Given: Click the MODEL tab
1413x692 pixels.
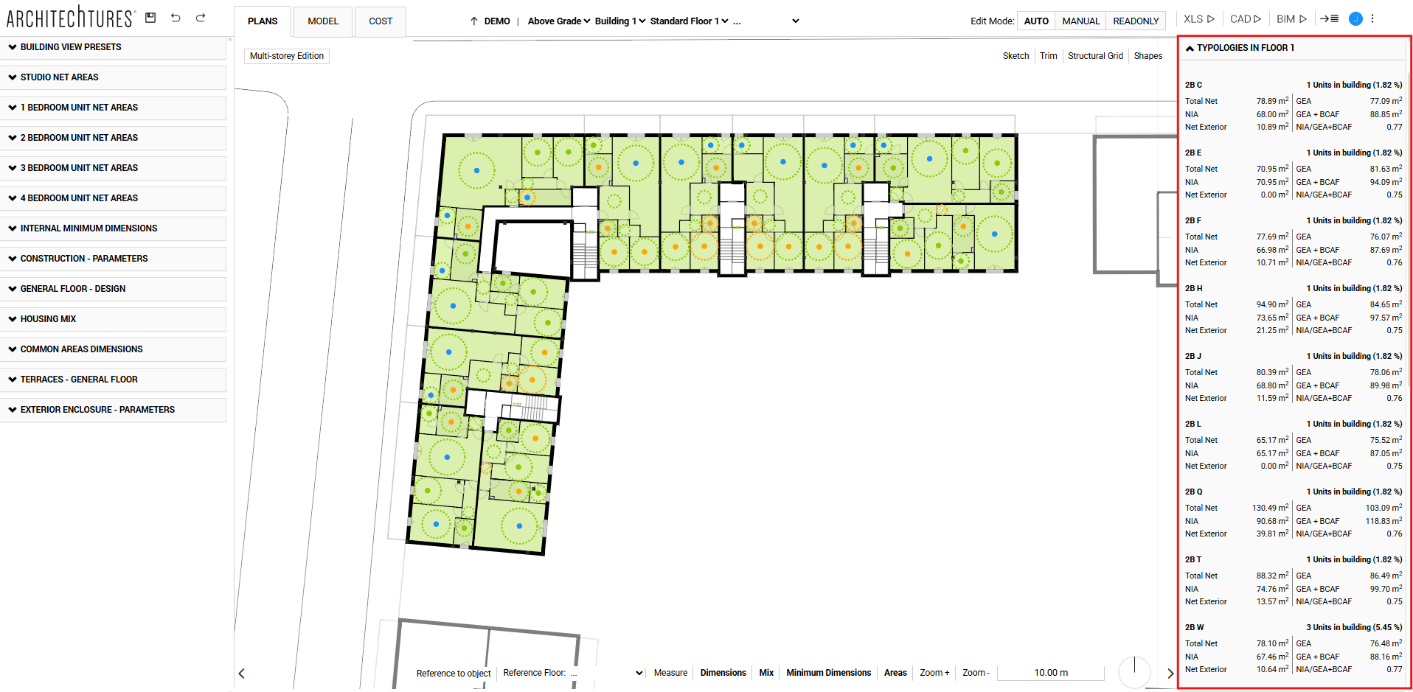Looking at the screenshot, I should [x=323, y=21].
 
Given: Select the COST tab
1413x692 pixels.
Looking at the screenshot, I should [x=381, y=21].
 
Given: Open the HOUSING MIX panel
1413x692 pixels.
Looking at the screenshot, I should [x=48, y=319].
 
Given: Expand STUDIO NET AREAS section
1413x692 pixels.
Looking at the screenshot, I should [x=59, y=77].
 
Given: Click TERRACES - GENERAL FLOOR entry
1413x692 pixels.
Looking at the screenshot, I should [x=79, y=380].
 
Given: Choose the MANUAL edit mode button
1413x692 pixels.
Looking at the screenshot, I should [x=1080, y=21].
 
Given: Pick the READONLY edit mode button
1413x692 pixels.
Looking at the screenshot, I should [x=1136, y=21].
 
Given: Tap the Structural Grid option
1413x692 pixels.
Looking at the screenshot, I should [x=1095, y=56].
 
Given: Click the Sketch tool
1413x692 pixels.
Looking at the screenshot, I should [x=1016, y=56].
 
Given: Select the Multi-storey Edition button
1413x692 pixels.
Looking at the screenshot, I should [x=287, y=56].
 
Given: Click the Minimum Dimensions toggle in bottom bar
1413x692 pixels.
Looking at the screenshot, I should [x=828, y=673].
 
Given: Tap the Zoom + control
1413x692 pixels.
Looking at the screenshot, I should [x=934, y=673].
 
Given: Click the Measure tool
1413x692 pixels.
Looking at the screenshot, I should [x=670, y=673].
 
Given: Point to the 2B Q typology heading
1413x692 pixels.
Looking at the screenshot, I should [x=1193, y=492].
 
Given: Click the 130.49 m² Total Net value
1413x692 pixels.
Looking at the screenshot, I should [x=1270, y=508].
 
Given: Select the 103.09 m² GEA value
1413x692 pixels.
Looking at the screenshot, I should [x=1383, y=508].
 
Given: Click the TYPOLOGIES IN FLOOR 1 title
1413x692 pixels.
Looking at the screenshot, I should [x=1245, y=48].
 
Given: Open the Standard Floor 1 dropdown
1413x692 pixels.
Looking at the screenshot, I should [x=689, y=21].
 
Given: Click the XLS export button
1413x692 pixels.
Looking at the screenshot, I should [x=1198, y=19].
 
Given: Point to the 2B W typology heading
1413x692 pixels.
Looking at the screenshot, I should [x=1194, y=627].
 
